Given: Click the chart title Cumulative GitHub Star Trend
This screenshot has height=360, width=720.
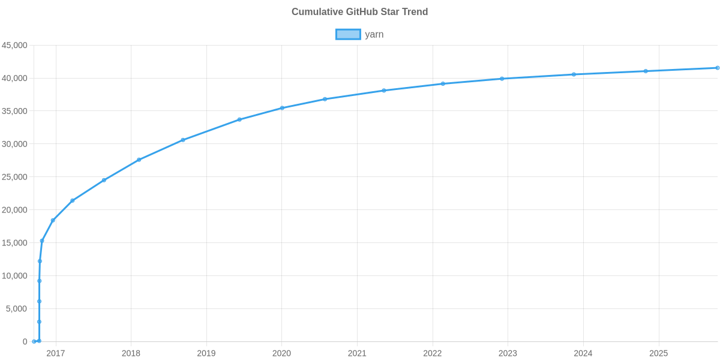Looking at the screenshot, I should (359, 11).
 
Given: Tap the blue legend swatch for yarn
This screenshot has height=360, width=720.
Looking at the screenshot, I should (347, 34).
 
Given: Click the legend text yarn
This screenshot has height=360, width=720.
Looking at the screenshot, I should (374, 34).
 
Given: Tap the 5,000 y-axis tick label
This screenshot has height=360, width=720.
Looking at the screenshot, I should (17, 308).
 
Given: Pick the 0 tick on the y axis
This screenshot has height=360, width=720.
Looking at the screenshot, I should (25, 341).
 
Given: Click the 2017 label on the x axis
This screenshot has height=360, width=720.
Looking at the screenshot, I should (55, 353).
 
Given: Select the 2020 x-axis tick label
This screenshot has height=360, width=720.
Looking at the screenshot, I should (281, 353).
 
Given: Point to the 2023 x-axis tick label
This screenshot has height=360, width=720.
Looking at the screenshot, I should (508, 353).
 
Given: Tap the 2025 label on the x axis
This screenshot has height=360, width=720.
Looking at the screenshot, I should (658, 353).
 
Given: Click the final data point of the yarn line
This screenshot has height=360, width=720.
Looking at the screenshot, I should (717, 68).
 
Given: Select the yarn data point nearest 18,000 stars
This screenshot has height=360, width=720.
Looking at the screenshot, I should (53, 220).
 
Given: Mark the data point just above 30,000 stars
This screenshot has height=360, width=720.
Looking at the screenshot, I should (182, 140).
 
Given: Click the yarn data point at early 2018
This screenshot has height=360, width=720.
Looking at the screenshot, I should (139, 160).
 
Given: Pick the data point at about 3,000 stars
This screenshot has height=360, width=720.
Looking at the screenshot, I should (39, 322).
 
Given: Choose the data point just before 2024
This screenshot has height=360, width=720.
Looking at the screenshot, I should (574, 74).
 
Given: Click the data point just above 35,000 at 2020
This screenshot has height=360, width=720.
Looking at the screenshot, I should (282, 108).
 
